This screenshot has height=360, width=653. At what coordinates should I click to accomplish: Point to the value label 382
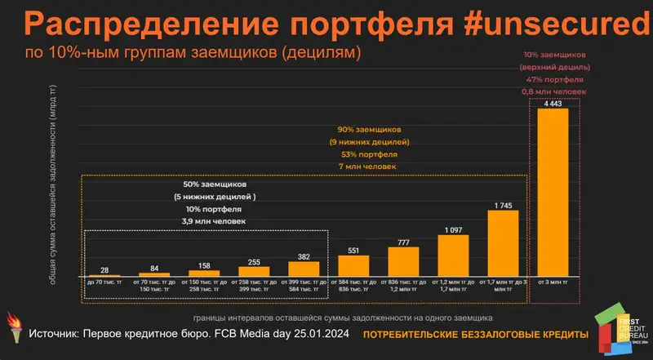coord(304,256)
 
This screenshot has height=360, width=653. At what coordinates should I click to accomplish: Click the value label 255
coord(254,261)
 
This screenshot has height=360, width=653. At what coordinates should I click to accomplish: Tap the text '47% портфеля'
coord(553,80)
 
